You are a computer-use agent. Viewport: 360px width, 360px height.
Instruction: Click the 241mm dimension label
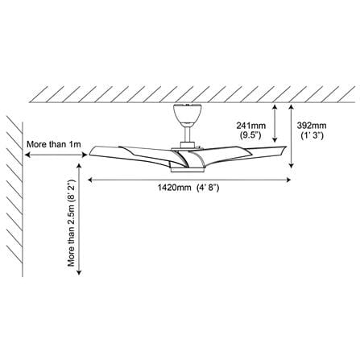(x=250, y=126)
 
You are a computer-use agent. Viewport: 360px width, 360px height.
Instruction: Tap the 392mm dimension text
(x=312, y=126)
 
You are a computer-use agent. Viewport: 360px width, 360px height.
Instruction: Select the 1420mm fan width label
(x=174, y=188)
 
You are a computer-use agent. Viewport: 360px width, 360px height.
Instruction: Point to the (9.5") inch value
(x=250, y=135)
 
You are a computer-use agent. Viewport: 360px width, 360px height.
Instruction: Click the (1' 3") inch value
(x=312, y=135)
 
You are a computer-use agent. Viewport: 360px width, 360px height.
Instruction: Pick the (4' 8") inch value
(x=208, y=188)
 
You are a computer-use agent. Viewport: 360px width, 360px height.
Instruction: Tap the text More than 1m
(x=54, y=144)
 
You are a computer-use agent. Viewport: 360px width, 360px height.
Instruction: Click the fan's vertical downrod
(x=188, y=134)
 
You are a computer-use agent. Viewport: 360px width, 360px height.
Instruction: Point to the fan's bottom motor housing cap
(x=187, y=170)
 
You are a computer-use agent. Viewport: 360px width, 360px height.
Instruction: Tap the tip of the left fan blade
(x=90, y=154)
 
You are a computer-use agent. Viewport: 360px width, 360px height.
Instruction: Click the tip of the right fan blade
(x=286, y=147)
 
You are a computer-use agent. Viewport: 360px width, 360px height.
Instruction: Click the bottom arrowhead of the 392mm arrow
(x=292, y=167)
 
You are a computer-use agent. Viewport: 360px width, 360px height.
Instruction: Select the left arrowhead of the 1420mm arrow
(x=89, y=180)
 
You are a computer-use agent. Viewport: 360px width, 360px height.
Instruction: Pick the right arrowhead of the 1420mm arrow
(x=289, y=180)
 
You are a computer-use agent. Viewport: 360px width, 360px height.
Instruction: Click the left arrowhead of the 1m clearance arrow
(x=27, y=155)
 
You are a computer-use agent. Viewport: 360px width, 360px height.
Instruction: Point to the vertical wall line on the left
(x=23, y=199)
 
